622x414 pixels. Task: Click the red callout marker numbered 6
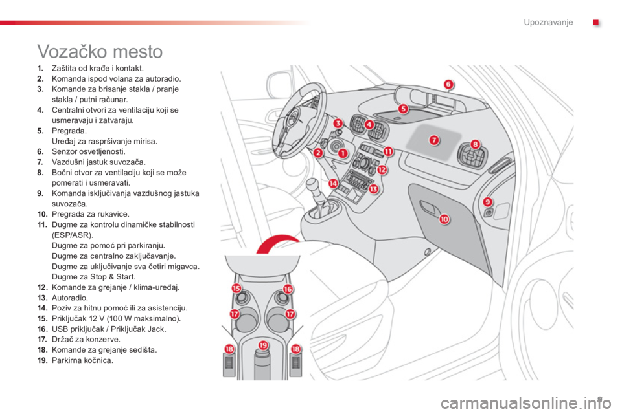tap(448, 84)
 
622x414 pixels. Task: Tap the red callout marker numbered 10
tap(444, 219)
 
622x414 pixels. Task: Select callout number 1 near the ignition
tap(342, 153)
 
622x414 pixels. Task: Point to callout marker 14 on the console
tap(333, 184)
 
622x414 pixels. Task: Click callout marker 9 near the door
tap(487, 202)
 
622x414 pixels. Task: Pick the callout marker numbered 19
tap(264, 345)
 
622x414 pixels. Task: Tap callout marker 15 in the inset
tap(236, 289)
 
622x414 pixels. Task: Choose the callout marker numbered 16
tap(288, 289)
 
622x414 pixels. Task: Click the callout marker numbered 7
tap(434, 140)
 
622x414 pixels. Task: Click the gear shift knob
tap(313, 185)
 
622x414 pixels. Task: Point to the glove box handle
tap(428, 206)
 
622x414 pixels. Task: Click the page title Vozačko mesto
tap(100, 52)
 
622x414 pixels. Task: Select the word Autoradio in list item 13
tap(70, 298)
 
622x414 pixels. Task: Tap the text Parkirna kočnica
tap(82, 360)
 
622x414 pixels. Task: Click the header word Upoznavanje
tap(548, 22)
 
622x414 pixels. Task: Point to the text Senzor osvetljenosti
tap(89, 151)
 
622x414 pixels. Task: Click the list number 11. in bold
tap(42, 224)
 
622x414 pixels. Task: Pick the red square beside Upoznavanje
tap(596, 23)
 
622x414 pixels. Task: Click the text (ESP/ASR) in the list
tap(73, 235)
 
